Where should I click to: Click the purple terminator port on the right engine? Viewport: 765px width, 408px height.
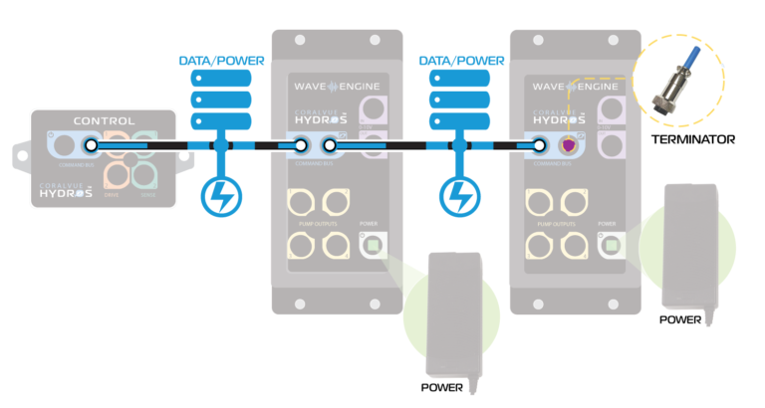[x=570, y=146]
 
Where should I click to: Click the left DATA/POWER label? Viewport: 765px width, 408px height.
[x=221, y=61]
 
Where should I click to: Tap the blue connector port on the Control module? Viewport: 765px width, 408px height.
[x=91, y=146]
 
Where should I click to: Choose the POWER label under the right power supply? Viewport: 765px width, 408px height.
[x=681, y=319]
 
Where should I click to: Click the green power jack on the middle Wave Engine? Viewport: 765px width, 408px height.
[x=374, y=245]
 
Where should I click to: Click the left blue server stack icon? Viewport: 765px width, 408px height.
[x=221, y=100]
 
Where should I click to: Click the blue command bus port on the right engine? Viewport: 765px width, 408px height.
[x=538, y=146]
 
